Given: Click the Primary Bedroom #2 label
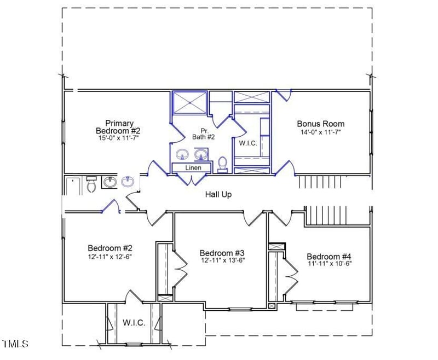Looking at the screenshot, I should tap(118, 127).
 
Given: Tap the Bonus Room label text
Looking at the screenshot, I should tap(320, 124).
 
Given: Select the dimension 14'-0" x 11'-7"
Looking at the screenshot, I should tap(320, 132).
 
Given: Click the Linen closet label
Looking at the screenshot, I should tap(193, 167).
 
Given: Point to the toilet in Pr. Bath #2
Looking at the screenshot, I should tap(222, 164).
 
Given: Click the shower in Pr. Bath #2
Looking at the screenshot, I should tap(190, 102).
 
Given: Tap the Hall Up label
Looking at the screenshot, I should tap(218, 194).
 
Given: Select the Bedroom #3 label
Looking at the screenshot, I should tap(221, 253).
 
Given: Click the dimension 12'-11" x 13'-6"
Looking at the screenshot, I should tap(221, 260).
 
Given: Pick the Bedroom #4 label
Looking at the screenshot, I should tap(328, 257).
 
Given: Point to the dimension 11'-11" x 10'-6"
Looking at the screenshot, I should tap(328, 264).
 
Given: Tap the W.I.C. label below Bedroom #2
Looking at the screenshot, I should tap(134, 323).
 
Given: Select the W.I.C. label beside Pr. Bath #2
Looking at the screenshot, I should tap(249, 143).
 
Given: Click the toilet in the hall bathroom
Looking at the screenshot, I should tap(91, 185).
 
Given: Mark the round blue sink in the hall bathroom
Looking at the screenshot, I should tap(128, 181).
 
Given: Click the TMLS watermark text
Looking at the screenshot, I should tap(15, 344).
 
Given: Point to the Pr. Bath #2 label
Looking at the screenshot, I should tap(203, 133).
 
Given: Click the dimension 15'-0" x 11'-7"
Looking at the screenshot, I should tap(118, 138).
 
